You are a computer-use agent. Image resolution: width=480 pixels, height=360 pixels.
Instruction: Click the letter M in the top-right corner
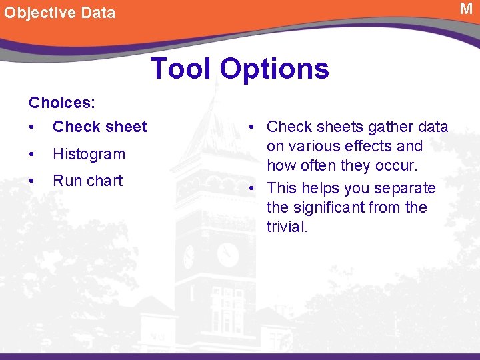coord(466,9)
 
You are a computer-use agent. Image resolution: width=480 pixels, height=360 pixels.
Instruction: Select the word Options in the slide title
coord(275,68)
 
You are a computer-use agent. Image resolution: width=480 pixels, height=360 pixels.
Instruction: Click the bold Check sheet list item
coord(99,127)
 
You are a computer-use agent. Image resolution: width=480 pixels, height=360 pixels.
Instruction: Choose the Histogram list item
coord(89,154)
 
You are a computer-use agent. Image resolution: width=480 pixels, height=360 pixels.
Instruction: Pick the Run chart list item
coord(87,181)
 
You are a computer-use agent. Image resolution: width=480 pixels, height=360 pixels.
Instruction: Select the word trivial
coord(287,227)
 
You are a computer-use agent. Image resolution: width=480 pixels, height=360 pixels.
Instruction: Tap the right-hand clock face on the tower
coord(228,254)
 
